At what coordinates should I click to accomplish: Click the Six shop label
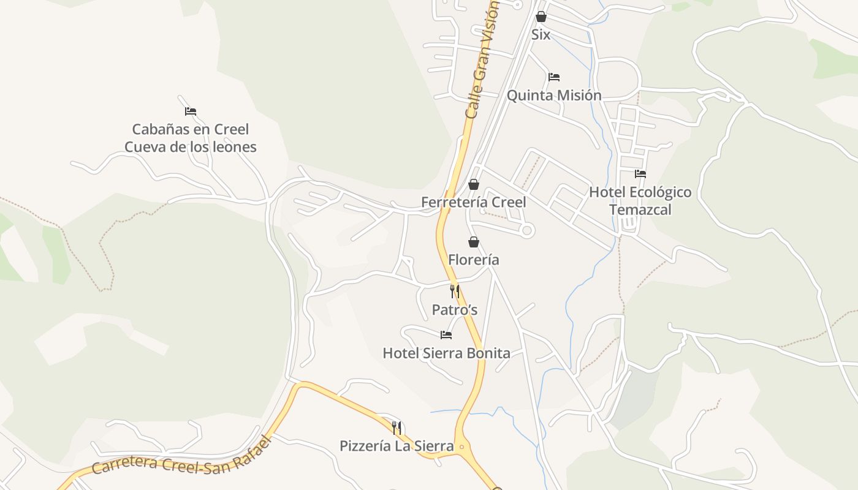[x=541, y=35]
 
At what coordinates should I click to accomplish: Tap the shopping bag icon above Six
[x=541, y=17]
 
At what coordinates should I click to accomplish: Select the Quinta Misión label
[x=554, y=96]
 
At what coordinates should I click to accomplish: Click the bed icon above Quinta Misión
[x=554, y=77]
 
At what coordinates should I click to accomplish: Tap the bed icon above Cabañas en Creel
[x=191, y=111]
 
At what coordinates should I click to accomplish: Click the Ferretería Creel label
[x=473, y=202]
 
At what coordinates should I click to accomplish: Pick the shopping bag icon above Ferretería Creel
[x=473, y=184]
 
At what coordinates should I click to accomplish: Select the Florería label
[x=473, y=260]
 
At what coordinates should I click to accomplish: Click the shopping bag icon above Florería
[x=473, y=242]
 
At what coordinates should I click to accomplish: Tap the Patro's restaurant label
[x=455, y=310]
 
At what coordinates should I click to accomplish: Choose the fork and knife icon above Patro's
[x=455, y=292]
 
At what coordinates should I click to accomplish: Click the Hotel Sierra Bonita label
[x=446, y=353]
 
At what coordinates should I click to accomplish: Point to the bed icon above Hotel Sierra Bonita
[x=446, y=335]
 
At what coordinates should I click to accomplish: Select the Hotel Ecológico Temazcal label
[x=640, y=201]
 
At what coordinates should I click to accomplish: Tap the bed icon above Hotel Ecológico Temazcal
[x=640, y=174]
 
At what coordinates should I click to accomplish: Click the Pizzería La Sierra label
[x=397, y=446]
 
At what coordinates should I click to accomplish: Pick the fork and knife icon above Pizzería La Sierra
[x=397, y=428]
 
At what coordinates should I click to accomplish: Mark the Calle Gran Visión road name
[x=482, y=58]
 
